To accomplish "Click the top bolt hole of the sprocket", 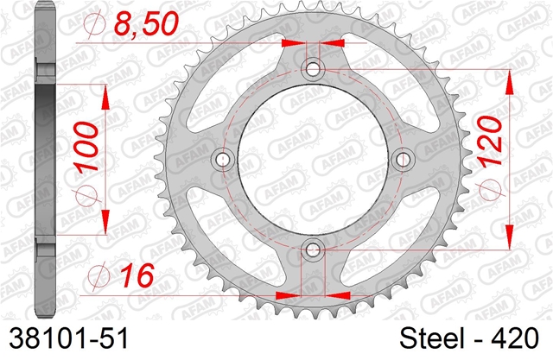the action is click(313, 69).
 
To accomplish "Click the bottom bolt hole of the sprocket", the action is click(313, 250).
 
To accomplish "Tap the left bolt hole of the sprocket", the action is click(222, 160).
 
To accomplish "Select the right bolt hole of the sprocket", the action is click(404, 160).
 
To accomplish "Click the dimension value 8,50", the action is click(146, 24).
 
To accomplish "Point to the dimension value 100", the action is click(86, 146).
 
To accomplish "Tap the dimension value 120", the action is click(490, 141).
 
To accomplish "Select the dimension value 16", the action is click(137, 275).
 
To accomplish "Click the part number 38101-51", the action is click(69, 338).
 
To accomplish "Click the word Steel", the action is click(431, 338).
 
